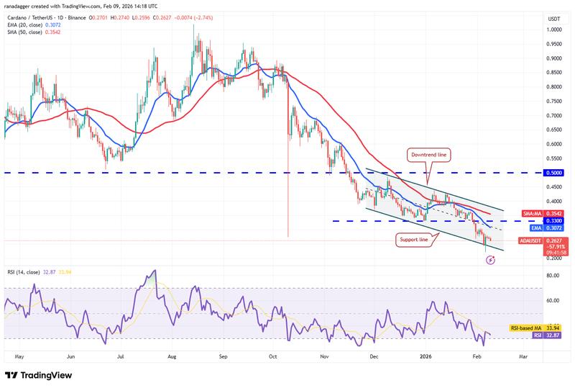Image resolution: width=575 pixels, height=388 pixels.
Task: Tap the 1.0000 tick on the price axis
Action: pyautogui.click(x=553, y=30)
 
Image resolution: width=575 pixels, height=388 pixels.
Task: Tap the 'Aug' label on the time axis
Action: pyautogui.click(x=172, y=356)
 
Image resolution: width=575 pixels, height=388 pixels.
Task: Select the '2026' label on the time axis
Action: pyautogui.click(x=426, y=356)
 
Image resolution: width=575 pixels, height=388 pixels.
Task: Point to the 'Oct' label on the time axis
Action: pyautogui.click(x=273, y=356)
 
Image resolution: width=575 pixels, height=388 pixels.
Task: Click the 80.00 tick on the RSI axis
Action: pyautogui.click(x=552, y=276)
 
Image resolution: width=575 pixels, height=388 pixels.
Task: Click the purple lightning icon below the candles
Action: pyautogui.click(x=491, y=259)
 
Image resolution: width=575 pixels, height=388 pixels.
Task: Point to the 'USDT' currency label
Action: pyautogui.click(x=553, y=19)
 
